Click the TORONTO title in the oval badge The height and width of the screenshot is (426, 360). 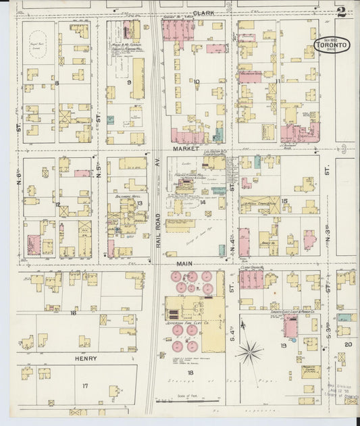click(332, 45)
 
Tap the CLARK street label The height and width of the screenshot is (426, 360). click(202, 13)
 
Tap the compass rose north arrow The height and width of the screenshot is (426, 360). click(251, 350)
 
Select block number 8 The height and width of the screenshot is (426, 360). click(57, 83)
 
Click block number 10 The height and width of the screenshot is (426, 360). click(197, 82)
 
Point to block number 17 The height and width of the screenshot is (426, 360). click(85, 385)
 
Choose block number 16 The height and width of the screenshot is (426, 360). click(73, 313)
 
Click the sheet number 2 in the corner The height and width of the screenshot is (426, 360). click(342, 11)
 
